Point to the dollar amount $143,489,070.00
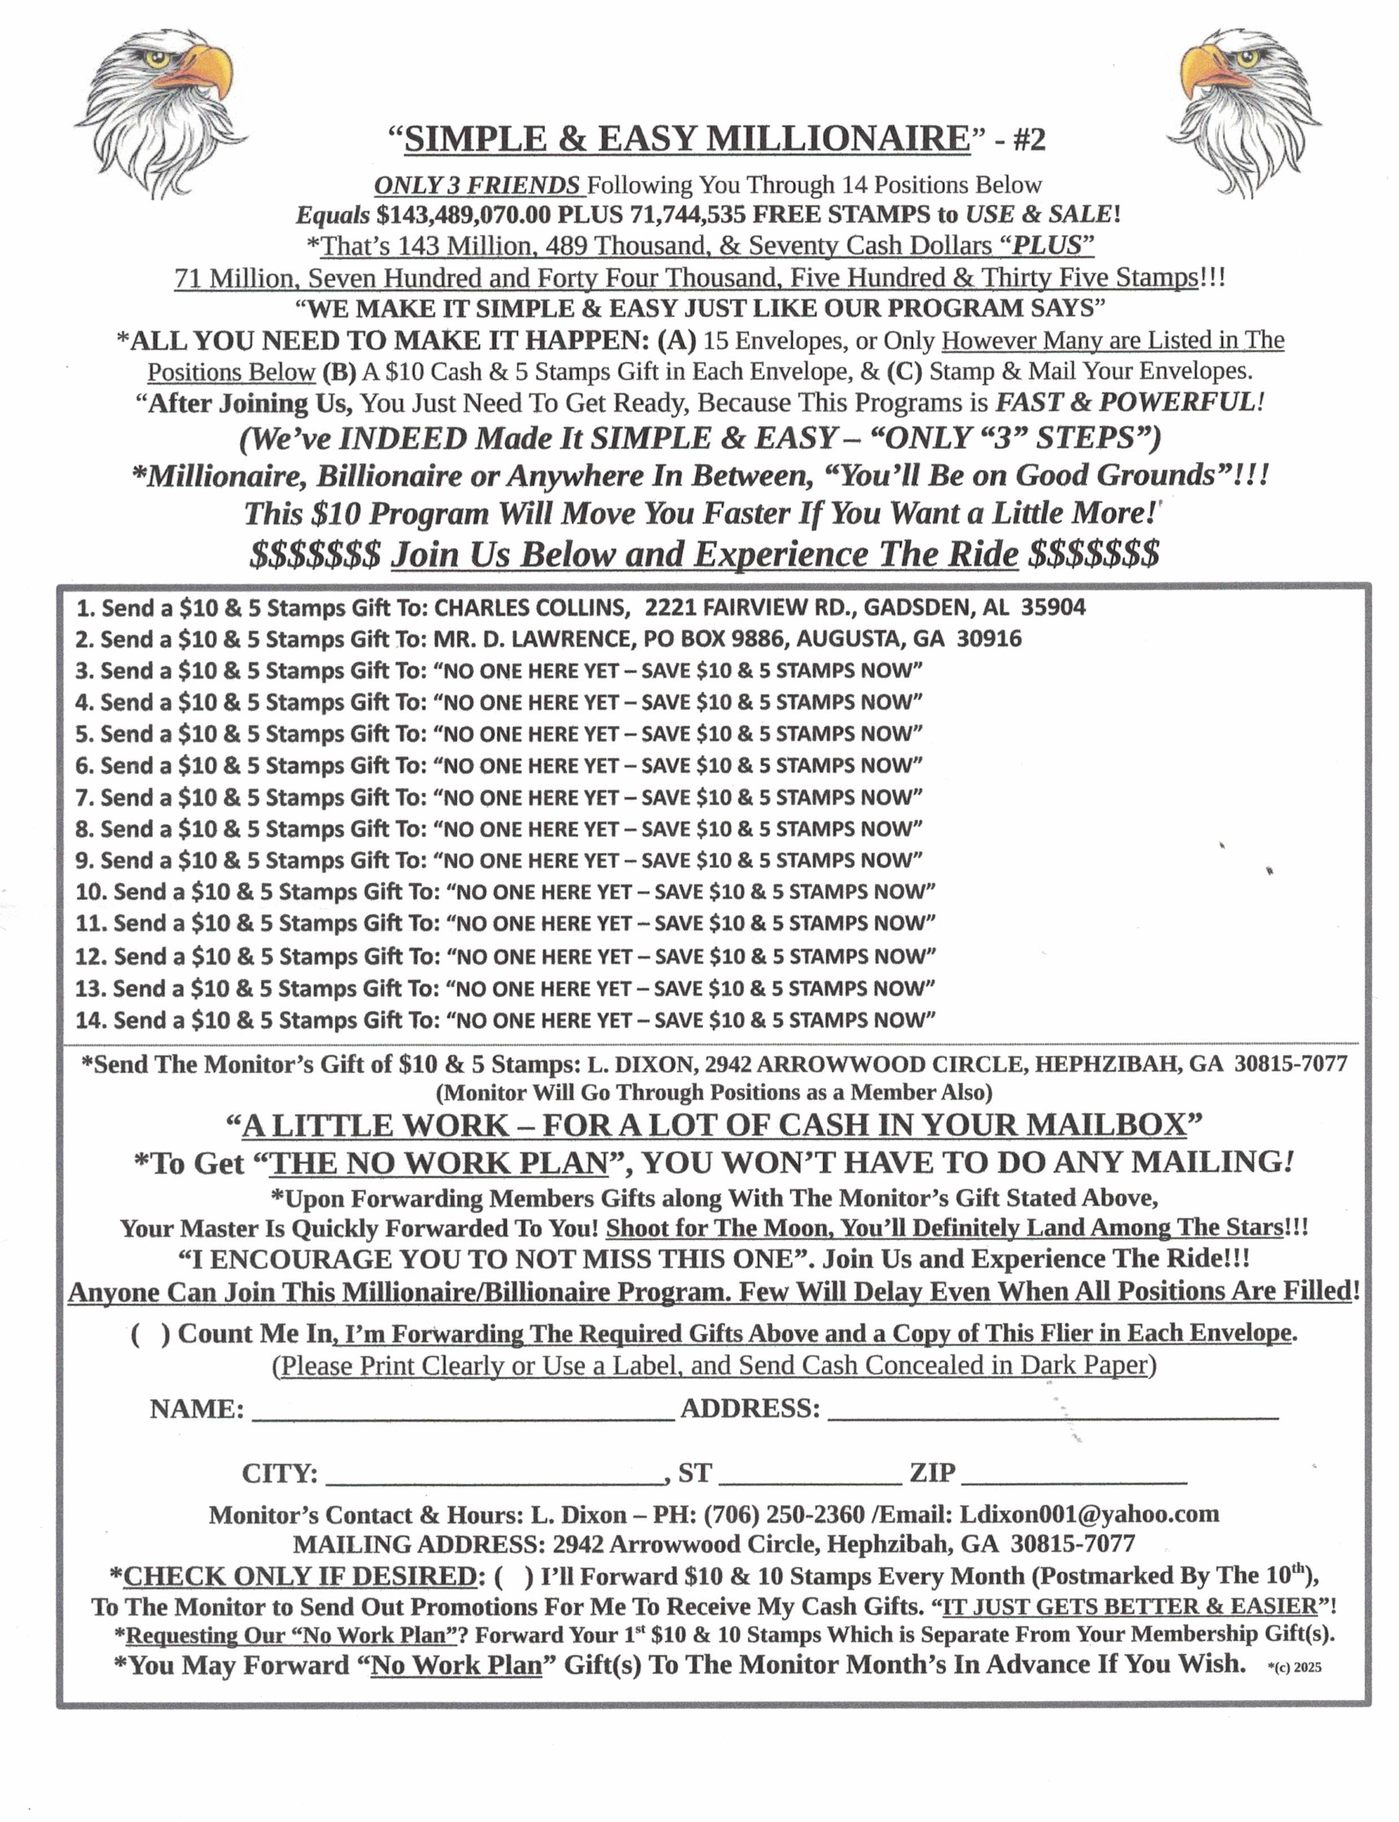pyautogui.click(x=463, y=215)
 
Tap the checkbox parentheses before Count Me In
pyautogui.click(x=151, y=1333)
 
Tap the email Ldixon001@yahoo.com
pyautogui.click(x=1089, y=1514)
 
